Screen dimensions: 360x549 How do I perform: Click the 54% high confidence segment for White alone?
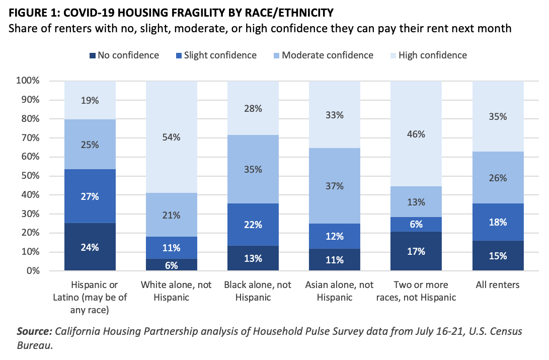pos(171,136)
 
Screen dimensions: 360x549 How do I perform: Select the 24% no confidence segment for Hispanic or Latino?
pos(90,247)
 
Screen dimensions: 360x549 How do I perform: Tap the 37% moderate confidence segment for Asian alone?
pos(334,186)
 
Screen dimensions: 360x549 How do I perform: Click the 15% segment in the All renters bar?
pos(498,255)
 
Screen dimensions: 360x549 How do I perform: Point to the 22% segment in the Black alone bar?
pos(253,225)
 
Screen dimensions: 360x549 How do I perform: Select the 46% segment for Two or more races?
pos(416,134)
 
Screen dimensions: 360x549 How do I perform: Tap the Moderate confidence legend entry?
pos(327,55)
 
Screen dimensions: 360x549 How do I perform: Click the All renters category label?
pos(498,285)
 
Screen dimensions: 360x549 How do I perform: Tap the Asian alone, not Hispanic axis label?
pos(334,291)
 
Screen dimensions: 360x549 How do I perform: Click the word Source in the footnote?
pos(34,331)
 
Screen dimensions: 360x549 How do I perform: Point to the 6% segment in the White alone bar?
pos(171,265)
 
